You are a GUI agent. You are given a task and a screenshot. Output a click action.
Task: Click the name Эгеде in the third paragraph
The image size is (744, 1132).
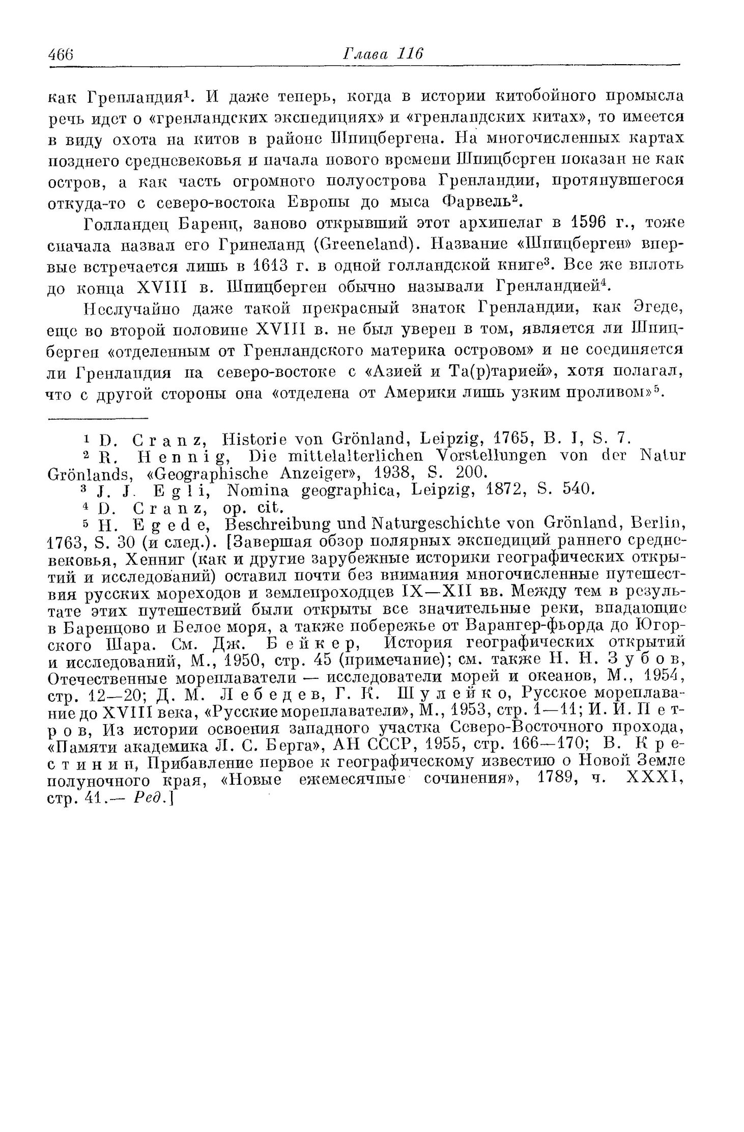coord(660,309)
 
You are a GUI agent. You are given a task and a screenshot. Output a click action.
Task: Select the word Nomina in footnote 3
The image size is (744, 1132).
coord(259,490)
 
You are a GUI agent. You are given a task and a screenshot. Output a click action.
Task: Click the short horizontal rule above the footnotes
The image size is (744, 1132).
coord(97,419)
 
